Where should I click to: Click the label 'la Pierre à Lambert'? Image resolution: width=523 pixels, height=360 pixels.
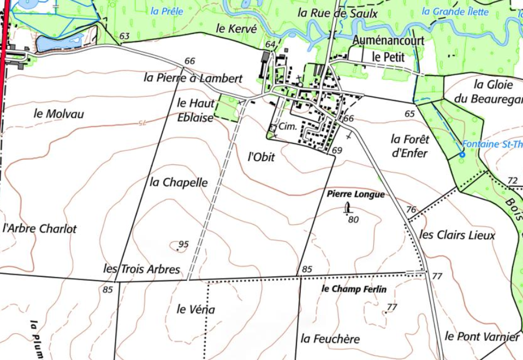(193, 78)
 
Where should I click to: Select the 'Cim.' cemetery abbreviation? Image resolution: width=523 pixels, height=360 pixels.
(287, 127)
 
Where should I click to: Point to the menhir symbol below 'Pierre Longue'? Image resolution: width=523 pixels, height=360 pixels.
(348, 208)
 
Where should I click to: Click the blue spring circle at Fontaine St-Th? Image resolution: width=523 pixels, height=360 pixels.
(462, 155)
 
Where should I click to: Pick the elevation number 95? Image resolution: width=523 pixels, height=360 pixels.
(183, 244)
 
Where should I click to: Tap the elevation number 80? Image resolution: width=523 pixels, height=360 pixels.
(353, 220)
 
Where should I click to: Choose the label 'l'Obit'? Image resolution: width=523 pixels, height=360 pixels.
(261, 157)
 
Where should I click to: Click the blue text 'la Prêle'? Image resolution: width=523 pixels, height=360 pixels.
(167, 11)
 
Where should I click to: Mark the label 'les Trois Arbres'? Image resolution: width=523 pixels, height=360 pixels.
(141, 269)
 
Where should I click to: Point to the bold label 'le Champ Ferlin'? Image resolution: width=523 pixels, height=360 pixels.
(354, 289)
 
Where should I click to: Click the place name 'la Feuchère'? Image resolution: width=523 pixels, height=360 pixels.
(330, 339)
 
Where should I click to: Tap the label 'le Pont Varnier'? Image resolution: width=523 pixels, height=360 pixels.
(482, 337)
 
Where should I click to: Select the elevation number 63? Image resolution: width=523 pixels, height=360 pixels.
(124, 37)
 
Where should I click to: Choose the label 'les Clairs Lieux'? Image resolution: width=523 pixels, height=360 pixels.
(457, 235)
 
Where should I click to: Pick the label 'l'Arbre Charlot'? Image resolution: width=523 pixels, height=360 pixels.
(40, 229)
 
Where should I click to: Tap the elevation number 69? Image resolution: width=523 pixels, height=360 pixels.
(337, 150)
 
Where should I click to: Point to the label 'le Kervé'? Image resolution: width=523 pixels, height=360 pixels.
(236, 29)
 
